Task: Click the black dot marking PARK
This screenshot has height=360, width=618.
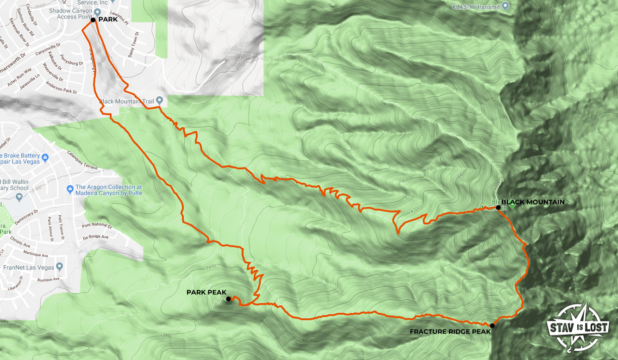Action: pos(93,20)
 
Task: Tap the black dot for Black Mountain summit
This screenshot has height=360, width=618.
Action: pos(498,208)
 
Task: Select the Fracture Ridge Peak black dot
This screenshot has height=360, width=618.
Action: pos(492,326)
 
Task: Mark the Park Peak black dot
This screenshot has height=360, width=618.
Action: pos(228,299)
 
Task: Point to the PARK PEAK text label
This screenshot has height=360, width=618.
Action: pos(206,292)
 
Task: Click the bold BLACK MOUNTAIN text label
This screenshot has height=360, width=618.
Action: pos(533,202)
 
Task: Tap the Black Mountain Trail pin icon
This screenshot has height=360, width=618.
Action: pos(159,100)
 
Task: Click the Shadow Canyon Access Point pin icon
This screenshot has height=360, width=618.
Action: pos(97,11)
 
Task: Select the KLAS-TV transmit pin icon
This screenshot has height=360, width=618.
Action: pos(506,6)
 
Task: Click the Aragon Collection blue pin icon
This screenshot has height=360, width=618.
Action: pos(69,188)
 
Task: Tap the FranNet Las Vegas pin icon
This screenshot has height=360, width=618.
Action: pos(59,267)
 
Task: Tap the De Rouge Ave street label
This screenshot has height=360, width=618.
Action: pos(95,237)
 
